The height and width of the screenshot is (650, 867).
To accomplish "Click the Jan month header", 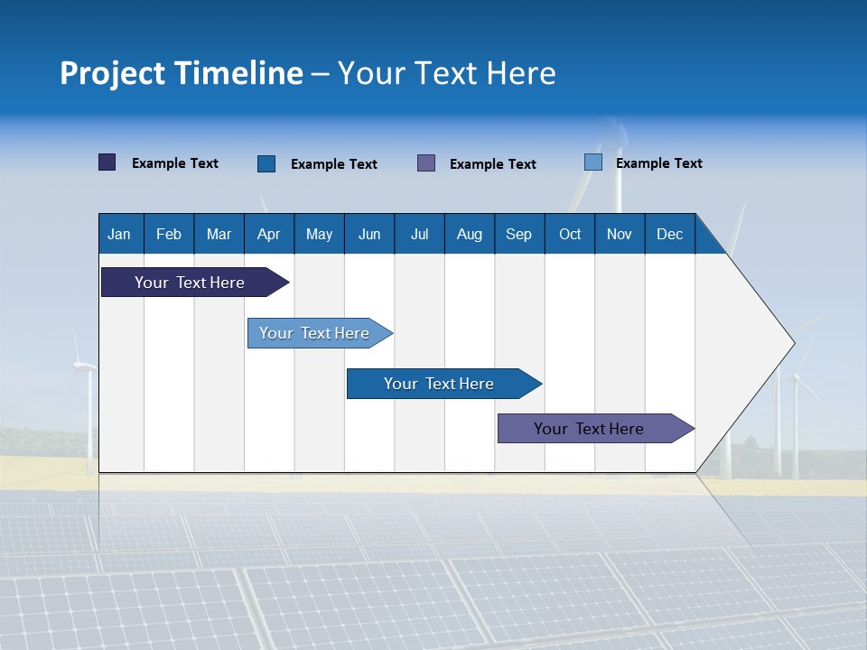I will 119,234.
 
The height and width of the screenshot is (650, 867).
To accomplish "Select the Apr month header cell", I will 268,234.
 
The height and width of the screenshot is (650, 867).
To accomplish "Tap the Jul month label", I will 419,234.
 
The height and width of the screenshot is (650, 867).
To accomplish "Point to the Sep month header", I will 518,234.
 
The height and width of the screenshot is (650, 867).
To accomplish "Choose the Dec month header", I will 669,234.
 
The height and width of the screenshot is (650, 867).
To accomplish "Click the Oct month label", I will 570,234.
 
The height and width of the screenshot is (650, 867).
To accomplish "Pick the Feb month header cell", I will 169,234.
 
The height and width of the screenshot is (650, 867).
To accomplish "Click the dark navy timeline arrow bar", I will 190,283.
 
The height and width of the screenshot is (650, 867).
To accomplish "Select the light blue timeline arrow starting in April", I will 314,333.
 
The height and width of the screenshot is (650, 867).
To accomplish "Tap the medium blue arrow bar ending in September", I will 439,384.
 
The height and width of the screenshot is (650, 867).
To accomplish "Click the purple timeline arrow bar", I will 589,429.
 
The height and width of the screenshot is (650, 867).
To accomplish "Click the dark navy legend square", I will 107,162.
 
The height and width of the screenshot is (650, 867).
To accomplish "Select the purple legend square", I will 426,162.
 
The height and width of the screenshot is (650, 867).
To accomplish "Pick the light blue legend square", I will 593,162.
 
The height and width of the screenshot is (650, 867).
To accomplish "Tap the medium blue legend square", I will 266,163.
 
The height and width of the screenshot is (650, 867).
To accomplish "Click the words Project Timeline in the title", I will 182,73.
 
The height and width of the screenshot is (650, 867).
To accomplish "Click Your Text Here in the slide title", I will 446,73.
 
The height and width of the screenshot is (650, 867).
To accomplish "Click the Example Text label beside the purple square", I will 492,164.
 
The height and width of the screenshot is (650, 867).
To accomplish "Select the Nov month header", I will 620,234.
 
